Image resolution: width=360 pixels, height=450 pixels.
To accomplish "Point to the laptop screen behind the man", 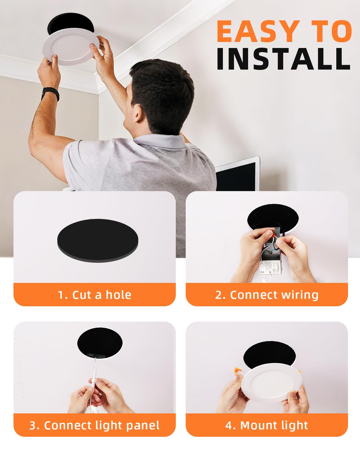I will (237, 175).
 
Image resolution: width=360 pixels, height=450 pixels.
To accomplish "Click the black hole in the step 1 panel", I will (97, 240).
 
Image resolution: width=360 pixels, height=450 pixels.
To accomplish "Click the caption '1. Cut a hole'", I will (94, 295).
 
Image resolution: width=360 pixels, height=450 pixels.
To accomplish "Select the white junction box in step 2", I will (271, 267).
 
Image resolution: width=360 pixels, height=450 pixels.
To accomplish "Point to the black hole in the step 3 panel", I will (100, 342).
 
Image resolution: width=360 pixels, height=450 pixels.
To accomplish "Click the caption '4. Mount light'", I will (266, 425).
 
